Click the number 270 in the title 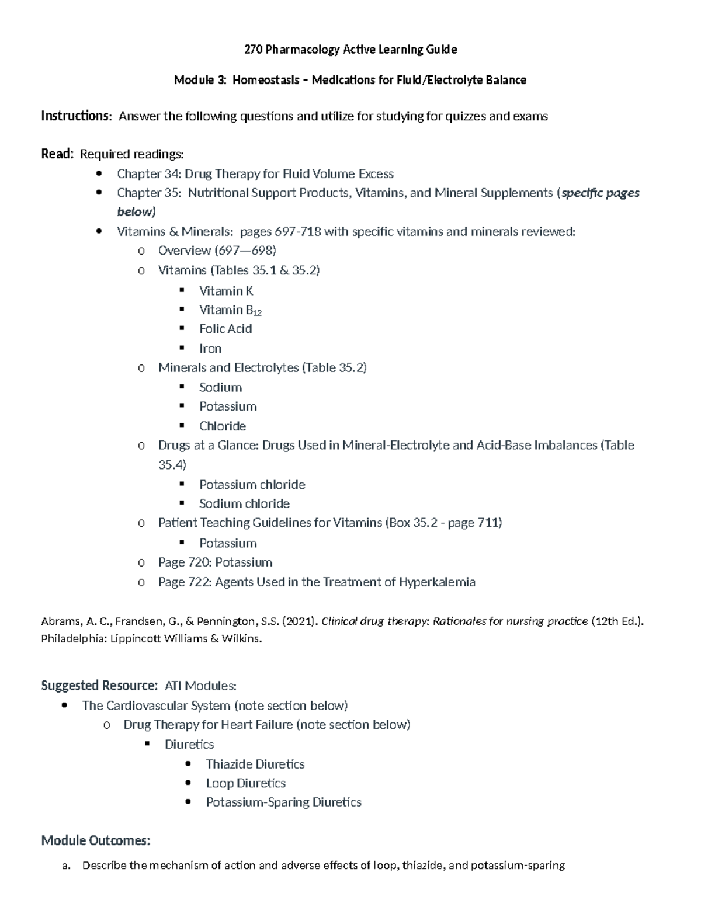[x=253, y=50]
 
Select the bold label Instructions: [x=76, y=116]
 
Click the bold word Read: [x=57, y=154]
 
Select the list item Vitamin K [x=226, y=291]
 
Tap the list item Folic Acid [x=225, y=329]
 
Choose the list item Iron [x=210, y=349]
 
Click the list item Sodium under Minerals [x=220, y=387]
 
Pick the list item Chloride [x=223, y=426]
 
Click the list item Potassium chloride [x=252, y=485]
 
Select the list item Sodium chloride [x=244, y=503]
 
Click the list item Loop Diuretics [x=245, y=783]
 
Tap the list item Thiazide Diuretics [x=255, y=764]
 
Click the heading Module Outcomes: [x=96, y=841]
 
